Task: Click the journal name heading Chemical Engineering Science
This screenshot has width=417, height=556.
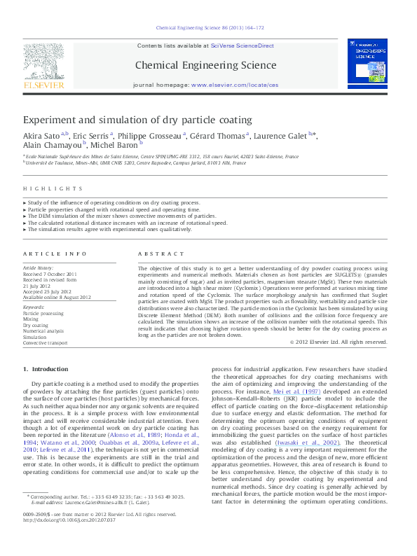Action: tap(205, 65)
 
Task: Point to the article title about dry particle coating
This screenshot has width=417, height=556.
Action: tap(137, 120)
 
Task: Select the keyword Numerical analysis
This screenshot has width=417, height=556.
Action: tap(43, 330)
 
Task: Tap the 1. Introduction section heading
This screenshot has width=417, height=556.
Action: tap(46, 369)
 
